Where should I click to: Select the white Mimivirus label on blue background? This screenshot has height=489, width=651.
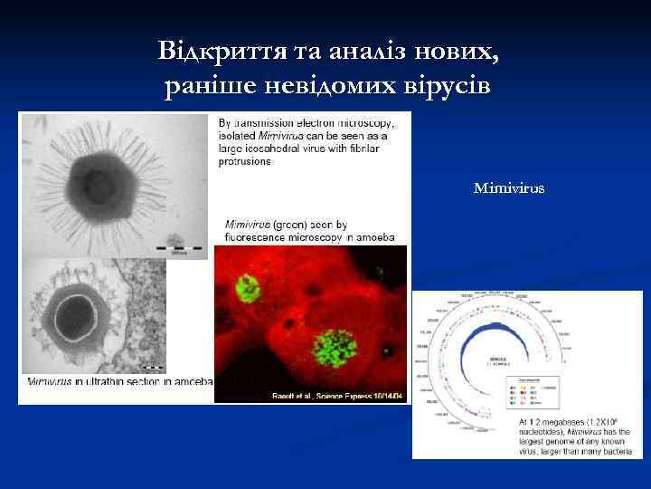click(x=509, y=189)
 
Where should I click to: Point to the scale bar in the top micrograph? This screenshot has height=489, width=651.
click(x=175, y=244)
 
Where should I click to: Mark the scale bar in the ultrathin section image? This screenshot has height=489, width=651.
click(x=153, y=367)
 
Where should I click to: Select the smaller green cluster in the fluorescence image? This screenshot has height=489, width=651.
click(x=246, y=289)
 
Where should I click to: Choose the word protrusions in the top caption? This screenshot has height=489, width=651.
click(x=248, y=161)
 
